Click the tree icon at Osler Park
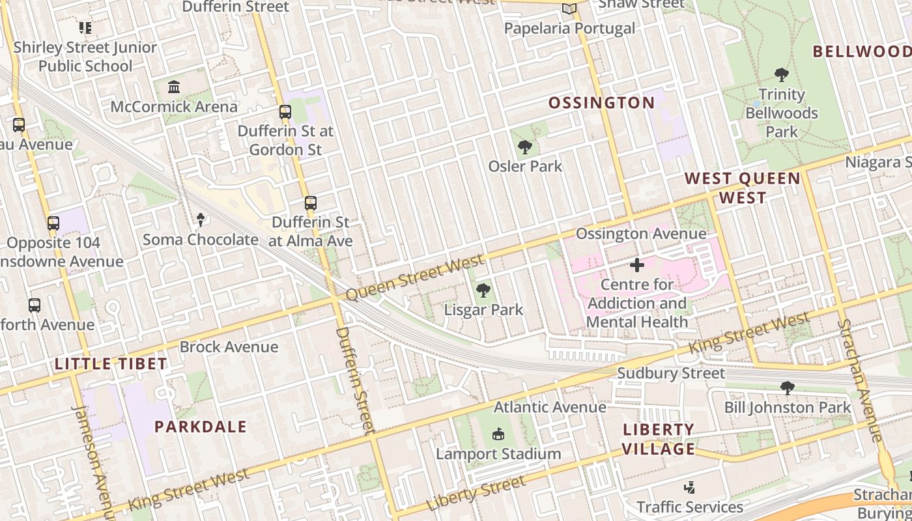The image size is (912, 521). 525,147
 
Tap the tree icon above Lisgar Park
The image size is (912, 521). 483,290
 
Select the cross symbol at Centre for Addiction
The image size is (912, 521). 637,265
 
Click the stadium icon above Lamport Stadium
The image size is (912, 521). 498,434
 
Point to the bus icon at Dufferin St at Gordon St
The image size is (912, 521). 285,111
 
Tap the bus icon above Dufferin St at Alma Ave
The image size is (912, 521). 311,203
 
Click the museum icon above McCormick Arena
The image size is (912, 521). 174,87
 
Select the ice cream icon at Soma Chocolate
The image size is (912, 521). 201,220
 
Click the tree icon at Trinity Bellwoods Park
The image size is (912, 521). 782,75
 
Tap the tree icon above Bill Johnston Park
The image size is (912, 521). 788,388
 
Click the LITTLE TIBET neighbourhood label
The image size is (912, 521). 111,364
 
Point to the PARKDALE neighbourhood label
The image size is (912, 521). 201,427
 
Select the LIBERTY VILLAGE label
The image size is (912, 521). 659,439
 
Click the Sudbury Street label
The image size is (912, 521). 670,373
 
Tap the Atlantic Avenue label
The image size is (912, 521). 550,407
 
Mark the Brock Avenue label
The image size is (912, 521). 229,346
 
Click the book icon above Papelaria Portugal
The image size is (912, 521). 569,9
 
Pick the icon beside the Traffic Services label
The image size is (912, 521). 690,487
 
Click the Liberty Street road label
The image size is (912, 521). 476,493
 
